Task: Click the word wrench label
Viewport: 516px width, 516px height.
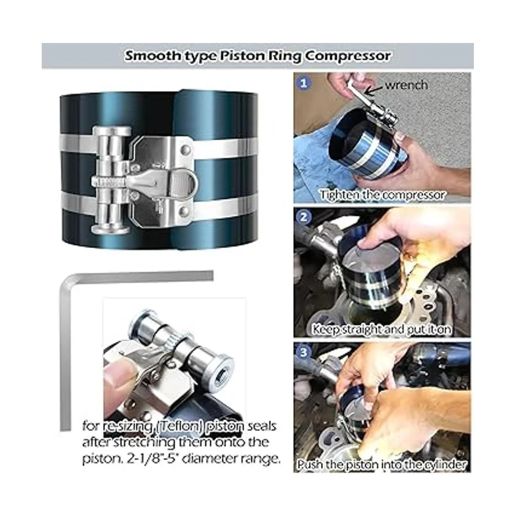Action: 406,85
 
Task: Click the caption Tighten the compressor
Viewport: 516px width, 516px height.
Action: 382,194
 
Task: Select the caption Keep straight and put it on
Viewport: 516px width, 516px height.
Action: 381,329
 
